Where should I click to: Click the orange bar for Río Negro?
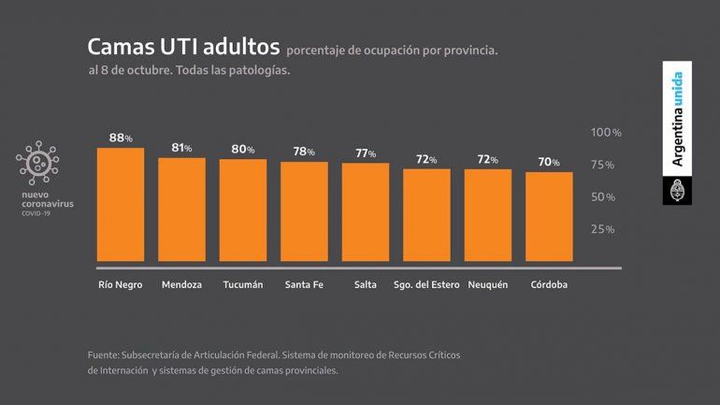point(121,205)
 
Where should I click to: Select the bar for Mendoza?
point(181,210)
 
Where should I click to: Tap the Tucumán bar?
point(243,210)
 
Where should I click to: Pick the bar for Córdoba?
point(549,217)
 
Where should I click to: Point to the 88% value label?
point(121,138)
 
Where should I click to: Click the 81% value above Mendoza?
point(181,148)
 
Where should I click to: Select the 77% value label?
point(366,153)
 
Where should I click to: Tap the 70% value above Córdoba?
point(549,163)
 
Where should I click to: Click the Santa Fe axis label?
point(305,285)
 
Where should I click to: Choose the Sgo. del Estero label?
point(426,285)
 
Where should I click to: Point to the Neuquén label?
point(488,285)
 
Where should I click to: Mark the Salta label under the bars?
point(366,285)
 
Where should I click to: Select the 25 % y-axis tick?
point(602,229)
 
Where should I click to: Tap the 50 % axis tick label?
point(602,197)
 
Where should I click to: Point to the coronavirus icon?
point(37,165)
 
